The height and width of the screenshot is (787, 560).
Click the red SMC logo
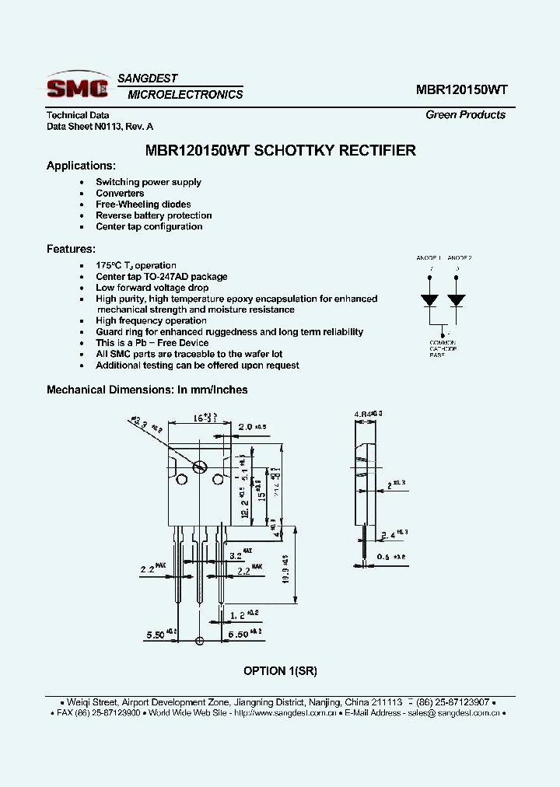click(77, 87)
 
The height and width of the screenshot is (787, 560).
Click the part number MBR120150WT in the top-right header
click(461, 89)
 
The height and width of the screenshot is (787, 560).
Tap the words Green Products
click(465, 115)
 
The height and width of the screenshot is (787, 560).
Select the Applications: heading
click(81, 166)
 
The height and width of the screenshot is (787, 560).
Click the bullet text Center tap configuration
click(149, 227)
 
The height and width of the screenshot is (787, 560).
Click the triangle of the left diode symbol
click(429, 299)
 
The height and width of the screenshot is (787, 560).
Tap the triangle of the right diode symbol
click(457, 299)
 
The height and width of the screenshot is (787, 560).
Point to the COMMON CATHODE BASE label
click(443, 348)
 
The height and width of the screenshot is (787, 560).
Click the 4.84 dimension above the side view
click(366, 414)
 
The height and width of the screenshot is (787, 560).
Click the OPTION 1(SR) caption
click(280, 671)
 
